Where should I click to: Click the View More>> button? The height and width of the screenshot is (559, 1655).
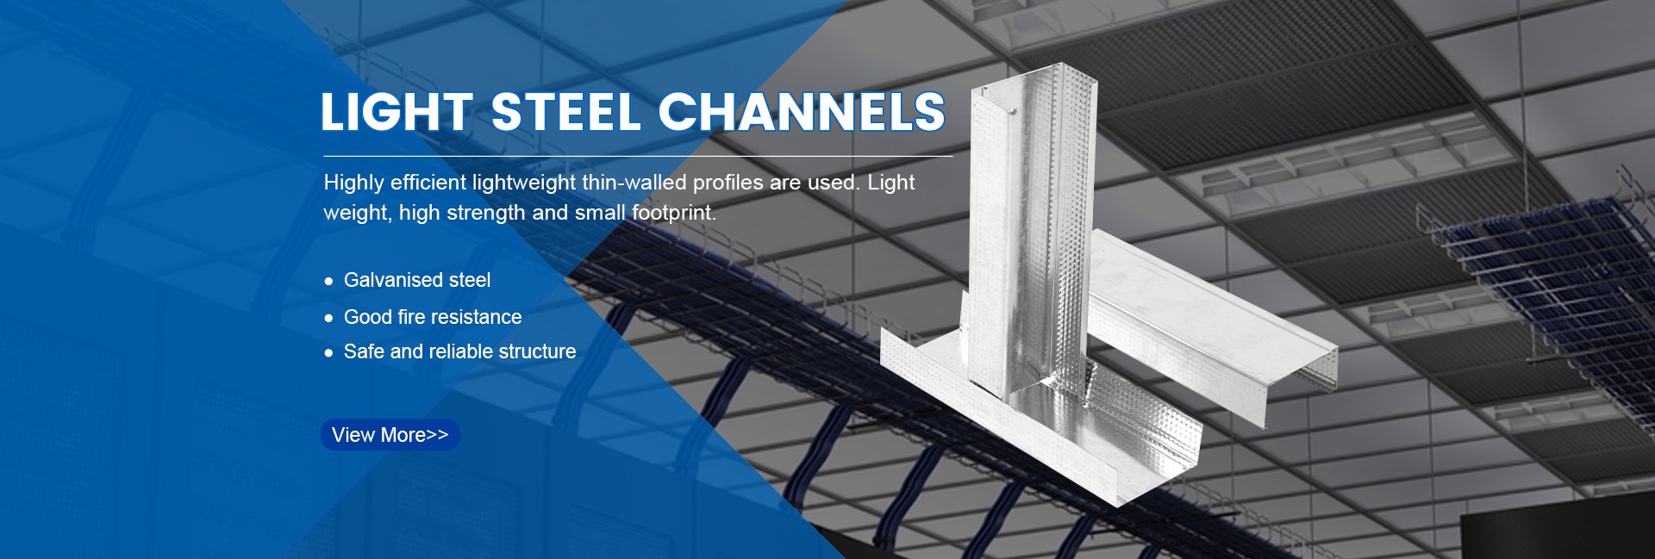tap(390, 435)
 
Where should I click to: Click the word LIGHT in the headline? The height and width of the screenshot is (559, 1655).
tap(397, 113)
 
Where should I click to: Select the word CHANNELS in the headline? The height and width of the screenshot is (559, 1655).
tap(803, 113)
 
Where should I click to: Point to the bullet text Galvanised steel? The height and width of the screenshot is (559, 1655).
tap(417, 280)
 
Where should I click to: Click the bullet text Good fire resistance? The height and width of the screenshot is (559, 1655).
tap(433, 317)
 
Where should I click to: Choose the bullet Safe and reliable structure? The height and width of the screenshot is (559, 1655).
tap(459, 351)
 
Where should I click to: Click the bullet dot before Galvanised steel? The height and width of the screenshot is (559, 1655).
tap(328, 282)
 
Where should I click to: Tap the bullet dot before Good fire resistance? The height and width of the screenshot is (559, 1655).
tap(328, 319)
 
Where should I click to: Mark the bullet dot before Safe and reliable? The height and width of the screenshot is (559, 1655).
tap(328, 353)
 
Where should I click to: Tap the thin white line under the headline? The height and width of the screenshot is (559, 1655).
tap(638, 157)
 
